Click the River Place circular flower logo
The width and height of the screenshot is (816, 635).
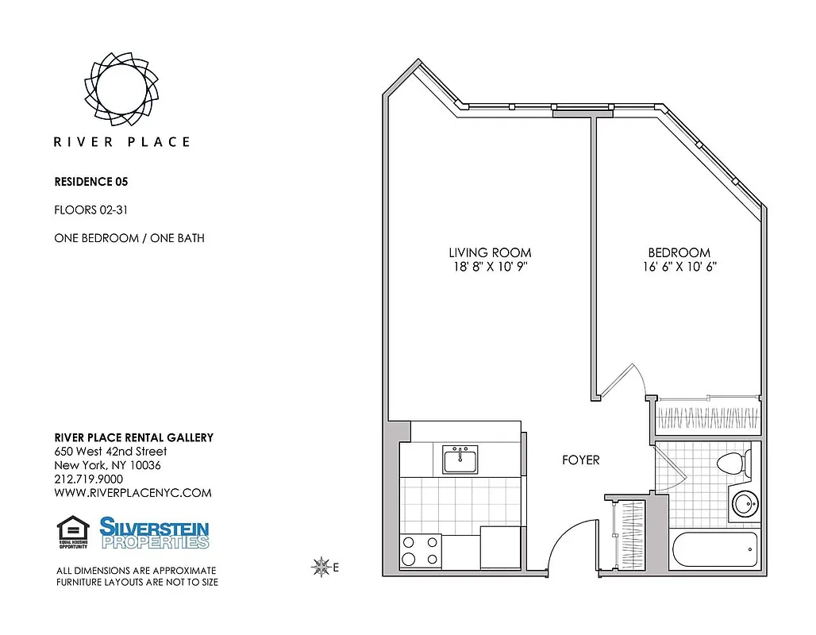coord(121,87)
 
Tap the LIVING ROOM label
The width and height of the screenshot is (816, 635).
coord(490,253)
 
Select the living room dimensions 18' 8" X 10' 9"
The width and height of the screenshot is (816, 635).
coord(490,267)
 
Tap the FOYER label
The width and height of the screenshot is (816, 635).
coord(581,460)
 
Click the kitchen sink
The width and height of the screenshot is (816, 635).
coord(460,459)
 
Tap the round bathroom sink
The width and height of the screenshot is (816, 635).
coord(745,503)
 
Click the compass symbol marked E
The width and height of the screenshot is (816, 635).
coord(322,567)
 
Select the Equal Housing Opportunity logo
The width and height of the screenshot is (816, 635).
coord(73,533)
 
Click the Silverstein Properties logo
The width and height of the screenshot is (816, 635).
coord(154,533)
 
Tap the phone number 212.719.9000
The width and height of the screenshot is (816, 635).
coord(88,479)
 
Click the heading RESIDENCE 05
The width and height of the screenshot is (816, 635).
coord(90,182)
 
